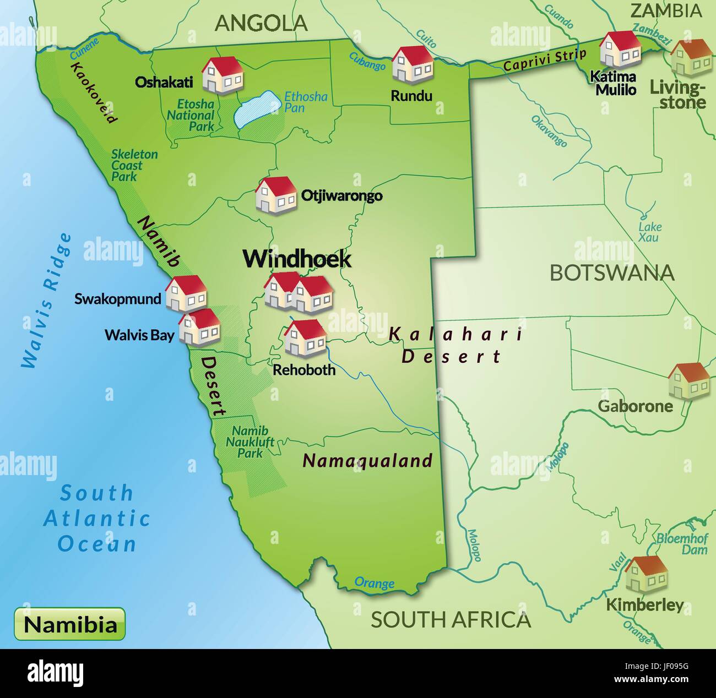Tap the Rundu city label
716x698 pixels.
411,96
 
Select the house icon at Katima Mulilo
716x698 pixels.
620,50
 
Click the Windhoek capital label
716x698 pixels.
297,259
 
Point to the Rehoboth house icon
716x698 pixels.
305,337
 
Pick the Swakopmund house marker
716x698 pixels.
186,293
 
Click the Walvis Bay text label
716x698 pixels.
139,335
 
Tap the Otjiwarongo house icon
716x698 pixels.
276,194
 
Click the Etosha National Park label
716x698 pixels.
191,115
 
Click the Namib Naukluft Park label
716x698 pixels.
250,442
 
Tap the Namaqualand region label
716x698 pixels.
367,460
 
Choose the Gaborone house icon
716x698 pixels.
688,380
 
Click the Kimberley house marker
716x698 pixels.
646,574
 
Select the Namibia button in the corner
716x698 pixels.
70,624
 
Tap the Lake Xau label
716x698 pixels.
650,232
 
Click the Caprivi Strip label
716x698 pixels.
545,61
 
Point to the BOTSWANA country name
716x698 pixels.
612,273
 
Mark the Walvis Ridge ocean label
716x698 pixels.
46,301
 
